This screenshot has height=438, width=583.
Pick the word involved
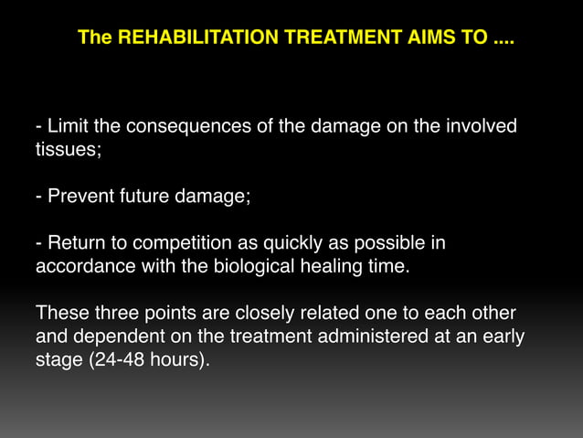point(482,125)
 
